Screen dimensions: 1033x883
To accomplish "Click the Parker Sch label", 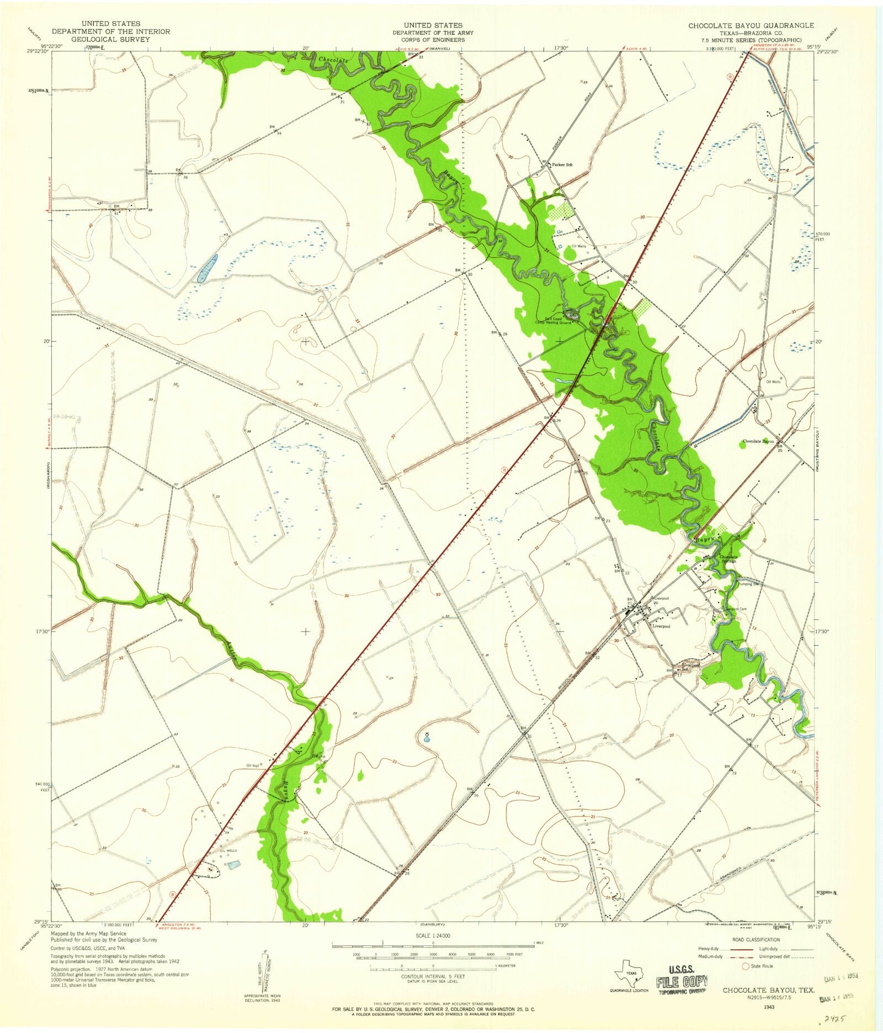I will click(x=561, y=165).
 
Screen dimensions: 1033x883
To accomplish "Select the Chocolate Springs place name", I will click(x=729, y=559).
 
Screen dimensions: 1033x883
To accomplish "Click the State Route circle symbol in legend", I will click(x=746, y=966).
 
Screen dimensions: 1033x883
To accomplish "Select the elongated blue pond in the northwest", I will click(x=208, y=269).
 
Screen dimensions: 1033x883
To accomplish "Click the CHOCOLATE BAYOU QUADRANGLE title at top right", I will click(x=751, y=25).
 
